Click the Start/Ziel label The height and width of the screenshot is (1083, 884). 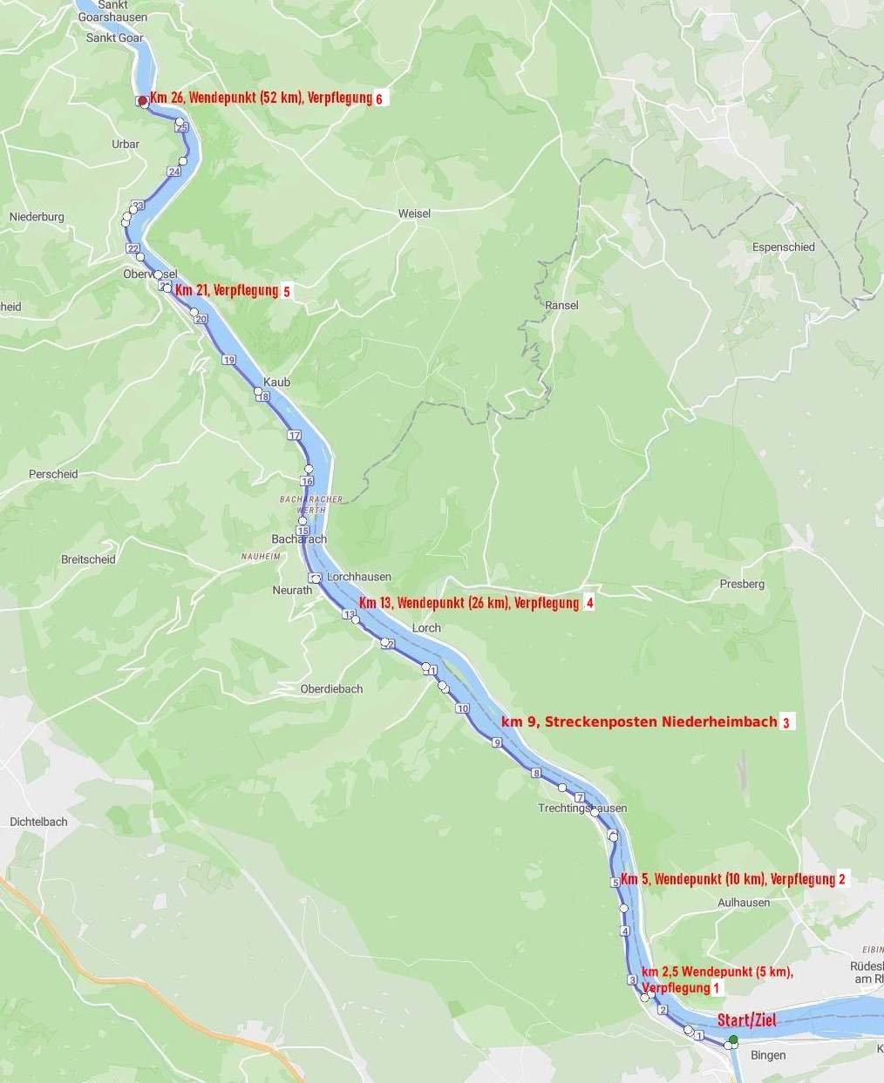[746, 1020]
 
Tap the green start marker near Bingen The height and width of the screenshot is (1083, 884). [733, 1039]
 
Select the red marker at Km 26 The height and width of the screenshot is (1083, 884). [142, 101]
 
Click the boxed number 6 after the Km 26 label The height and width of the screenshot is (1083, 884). [379, 98]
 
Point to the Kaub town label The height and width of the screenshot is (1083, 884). [276, 382]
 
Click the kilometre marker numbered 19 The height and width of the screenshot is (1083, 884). [228, 360]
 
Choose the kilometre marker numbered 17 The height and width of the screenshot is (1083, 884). [294, 435]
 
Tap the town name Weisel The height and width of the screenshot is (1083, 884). [414, 213]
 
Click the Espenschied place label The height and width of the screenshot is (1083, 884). [783, 247]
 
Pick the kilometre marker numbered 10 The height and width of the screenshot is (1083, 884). [462, 708]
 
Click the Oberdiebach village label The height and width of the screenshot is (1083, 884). [331, 689]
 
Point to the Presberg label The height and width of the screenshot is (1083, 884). [742, 585]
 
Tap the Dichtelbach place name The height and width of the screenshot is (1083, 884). [38, 822]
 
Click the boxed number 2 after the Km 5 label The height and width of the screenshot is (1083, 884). [842, 879]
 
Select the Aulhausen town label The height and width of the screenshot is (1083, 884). [744, 903]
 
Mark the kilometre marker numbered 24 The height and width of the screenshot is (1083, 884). [174, 172]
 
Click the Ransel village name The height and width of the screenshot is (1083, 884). [561, 306]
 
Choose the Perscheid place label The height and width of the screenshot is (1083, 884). [53, 475]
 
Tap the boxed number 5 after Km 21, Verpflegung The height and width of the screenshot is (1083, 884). [286, 292]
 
